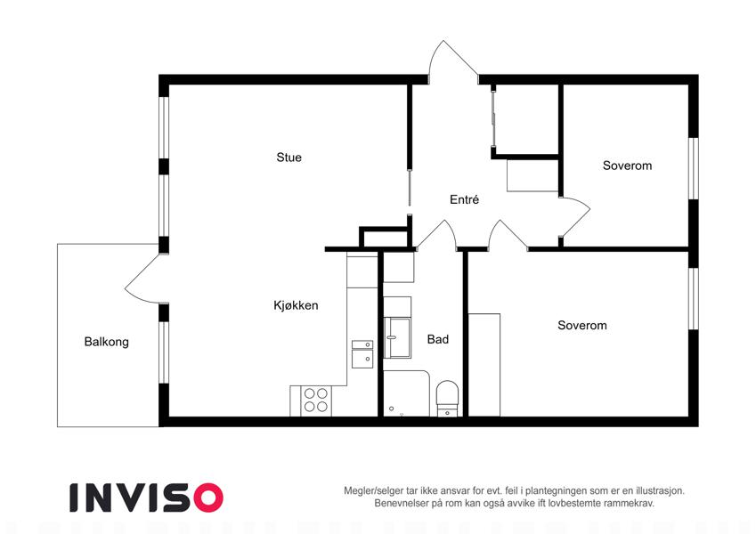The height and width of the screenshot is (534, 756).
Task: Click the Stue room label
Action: (x=289, y=158)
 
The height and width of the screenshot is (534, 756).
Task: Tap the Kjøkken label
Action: (x=296, y=305)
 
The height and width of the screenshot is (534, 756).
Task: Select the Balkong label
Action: (x=107, y=342)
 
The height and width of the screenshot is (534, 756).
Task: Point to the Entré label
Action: (x=464, y=199)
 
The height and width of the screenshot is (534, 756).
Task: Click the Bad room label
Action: (x=438, y=339)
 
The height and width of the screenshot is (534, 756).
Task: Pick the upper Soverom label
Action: (x=627, y=166)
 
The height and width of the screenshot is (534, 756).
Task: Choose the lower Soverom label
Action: (x=582, y=326)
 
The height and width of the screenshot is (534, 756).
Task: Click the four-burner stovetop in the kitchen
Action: (x=316, y=400)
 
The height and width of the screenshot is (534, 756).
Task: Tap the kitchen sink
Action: (x=362, y=354)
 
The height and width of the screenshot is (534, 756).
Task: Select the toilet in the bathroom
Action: (x=447, y=399)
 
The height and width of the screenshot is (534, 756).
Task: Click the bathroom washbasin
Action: (x=397, y=338)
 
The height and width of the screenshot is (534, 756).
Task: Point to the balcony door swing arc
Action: (x=136, y=279)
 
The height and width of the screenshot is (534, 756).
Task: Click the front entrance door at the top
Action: (x=453, y=61)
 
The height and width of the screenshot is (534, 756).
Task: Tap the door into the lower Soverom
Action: (x=508, y=234)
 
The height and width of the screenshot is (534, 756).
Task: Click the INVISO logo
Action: (x=146, y=498)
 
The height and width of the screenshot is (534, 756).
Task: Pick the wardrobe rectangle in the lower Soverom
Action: (x=484, y=365)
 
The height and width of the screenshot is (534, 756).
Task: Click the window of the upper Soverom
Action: (x=694, y=168)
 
